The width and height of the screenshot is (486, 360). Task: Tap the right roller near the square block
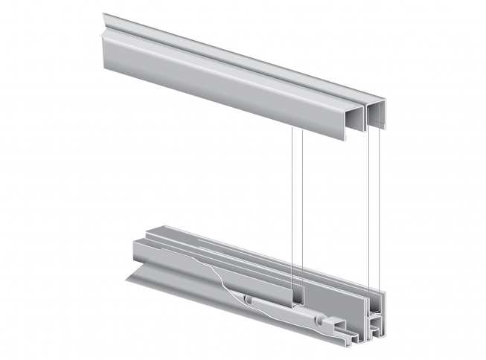[320, 322]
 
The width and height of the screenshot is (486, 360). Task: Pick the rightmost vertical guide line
[381, 208]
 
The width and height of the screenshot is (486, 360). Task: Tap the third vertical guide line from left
[370, 208]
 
